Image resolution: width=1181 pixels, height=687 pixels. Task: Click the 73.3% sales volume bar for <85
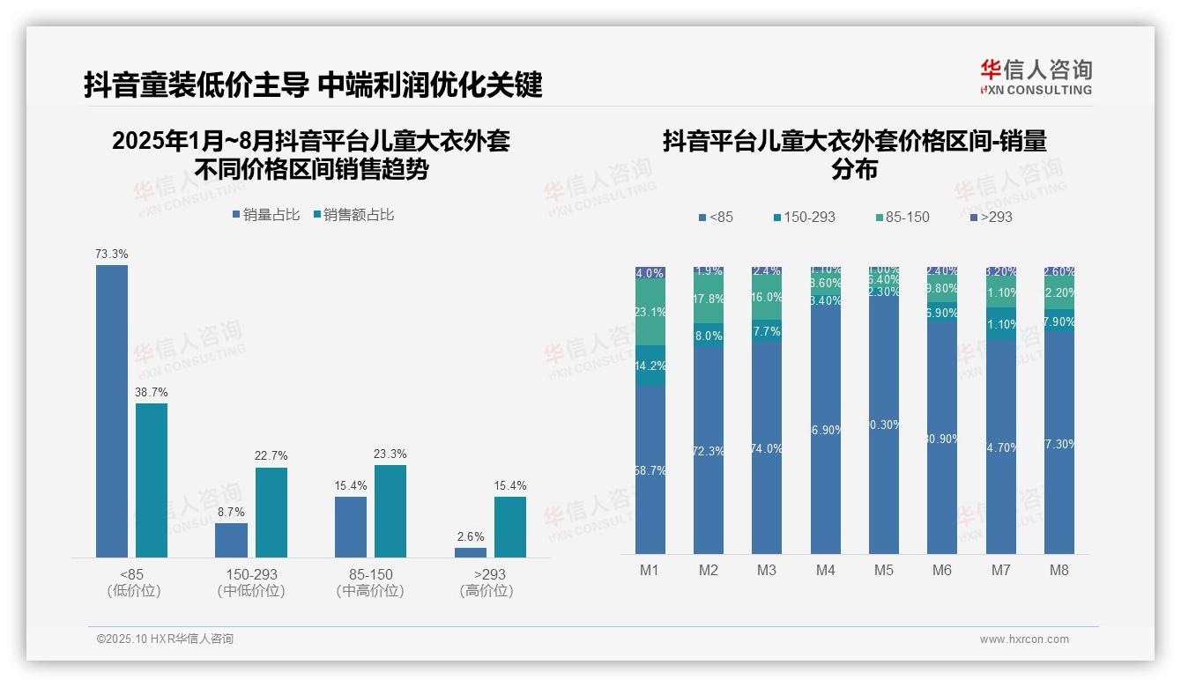click(x=112, y=410)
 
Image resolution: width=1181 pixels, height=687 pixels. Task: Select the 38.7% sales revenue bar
click(x=152, y=480)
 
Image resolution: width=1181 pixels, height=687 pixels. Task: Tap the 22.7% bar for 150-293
click(x=271, y=512)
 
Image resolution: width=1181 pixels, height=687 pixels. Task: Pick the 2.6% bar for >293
click(x=471, y=552)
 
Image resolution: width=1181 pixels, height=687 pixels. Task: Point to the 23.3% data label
click(x=390, y=454)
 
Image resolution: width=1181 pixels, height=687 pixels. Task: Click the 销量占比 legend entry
click(x=266, y=214)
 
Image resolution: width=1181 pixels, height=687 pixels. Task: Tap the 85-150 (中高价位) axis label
click(x=370, y=582)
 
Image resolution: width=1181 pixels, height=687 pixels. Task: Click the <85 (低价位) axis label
click(x=132, y=582)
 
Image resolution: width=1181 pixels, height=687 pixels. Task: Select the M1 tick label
click(x=650, y=570)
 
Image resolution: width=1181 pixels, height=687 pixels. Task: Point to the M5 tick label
click(x=884, y=570)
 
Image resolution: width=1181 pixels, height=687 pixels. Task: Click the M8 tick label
click(x=1059, y=570)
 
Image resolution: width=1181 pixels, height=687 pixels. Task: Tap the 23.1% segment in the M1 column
click(x=650, y=312)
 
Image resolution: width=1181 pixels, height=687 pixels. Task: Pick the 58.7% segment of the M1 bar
click(x=650, y=469)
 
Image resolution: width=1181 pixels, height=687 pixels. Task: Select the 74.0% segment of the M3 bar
click(x=767, y=447)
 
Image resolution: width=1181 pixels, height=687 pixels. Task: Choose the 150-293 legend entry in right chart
click(x=804, y=217)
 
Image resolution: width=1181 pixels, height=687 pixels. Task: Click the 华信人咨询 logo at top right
click(x=1036, y=77)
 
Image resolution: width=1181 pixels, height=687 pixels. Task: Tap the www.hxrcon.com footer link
click(x=1024, y=639)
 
